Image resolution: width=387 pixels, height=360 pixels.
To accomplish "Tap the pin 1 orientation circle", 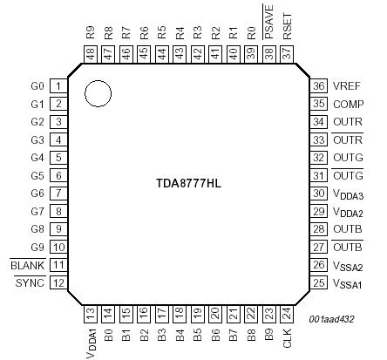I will (x=98, y=94).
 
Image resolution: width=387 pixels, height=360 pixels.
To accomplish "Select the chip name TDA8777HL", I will (x=190, y=186).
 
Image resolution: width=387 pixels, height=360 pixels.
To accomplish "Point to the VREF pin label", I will (x=347, y=86).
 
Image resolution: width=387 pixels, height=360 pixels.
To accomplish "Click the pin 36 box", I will (x=319, y=86).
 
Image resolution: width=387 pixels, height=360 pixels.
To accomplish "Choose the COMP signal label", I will (x=348, y=104).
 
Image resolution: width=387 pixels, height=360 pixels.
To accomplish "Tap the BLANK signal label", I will (x=27, y=265).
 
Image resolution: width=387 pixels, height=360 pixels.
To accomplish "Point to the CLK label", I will (x=287, y=338).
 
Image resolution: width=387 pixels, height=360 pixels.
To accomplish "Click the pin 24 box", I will (x=287, y=312).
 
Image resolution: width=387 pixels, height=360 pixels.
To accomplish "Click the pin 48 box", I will (x=91, y=54).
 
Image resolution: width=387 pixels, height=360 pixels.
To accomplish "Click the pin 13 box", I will (x=91, y=312).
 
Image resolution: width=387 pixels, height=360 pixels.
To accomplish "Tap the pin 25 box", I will (x=319, y=283).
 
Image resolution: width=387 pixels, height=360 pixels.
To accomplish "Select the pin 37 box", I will (x=287, y=54).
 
